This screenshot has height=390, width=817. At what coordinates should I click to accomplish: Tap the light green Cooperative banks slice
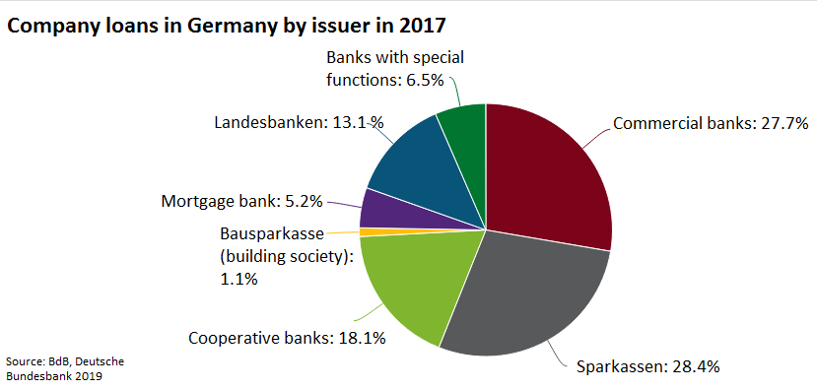[409, 281]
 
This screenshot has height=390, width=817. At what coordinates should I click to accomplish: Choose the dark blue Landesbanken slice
[409, 167]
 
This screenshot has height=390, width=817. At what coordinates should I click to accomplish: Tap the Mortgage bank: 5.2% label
[241, 202]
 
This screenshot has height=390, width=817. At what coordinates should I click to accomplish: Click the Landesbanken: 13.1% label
[299, 123]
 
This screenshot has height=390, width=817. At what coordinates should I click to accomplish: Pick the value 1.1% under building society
[238, 279]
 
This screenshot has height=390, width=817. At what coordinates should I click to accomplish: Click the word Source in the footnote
[27, 360]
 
